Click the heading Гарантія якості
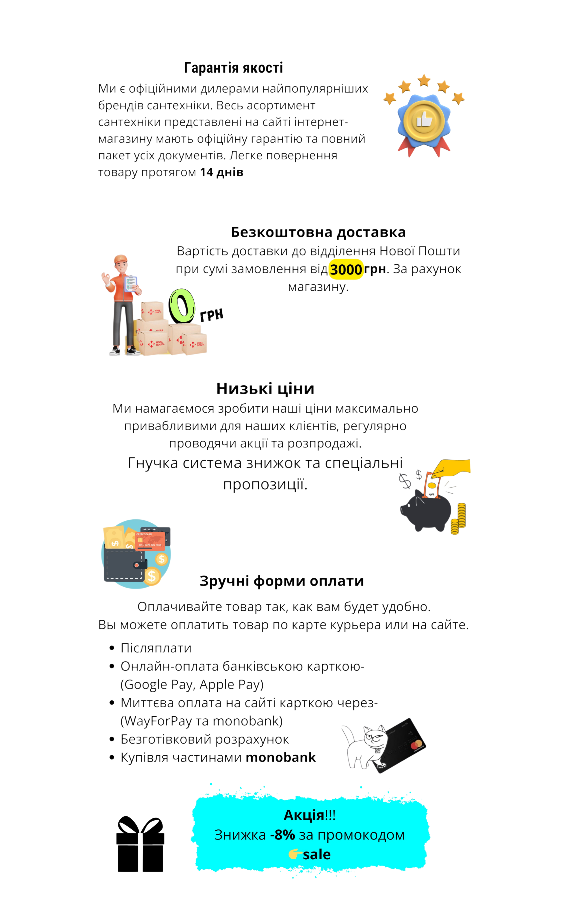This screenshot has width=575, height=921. click(x=233, y=68)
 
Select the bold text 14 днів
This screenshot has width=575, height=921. click(x=222, y=172)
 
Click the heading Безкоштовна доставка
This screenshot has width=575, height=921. click(x=318, y=232)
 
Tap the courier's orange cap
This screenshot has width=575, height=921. click(x=121, y=259)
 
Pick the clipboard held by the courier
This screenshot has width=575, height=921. click(x=130, y=284)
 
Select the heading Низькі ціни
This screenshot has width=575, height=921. click(x=265, y=389)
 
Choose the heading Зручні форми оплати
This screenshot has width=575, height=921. click(x=282, y=581)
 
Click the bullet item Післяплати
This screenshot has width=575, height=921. click(x=156, y=648)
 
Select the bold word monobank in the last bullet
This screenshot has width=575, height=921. click(x=281, y=757)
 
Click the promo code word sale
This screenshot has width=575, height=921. click(x=317, y=855)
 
